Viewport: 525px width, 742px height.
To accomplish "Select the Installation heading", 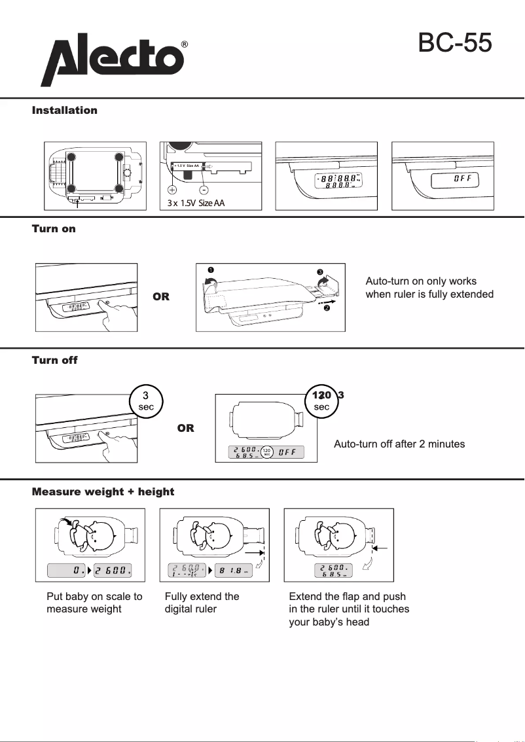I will (65, 111).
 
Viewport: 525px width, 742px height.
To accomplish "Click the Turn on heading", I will (54, 228).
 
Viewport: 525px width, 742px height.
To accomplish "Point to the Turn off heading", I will (55, 360).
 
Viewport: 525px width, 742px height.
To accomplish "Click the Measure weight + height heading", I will (103, 491).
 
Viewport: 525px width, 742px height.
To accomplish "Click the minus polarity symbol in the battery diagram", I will (204, 189).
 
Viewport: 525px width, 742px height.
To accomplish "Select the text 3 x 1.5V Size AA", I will (196, 203).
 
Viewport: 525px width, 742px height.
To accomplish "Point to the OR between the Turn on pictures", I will (161, 296).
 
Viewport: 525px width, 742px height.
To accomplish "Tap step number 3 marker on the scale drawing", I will (320, 272).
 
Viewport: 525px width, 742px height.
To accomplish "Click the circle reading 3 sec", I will (146, 400).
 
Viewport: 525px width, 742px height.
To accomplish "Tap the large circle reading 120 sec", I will (321, 400).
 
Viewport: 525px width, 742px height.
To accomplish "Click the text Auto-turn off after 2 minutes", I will (399, 444).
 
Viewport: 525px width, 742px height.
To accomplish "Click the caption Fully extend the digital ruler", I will (202, 603).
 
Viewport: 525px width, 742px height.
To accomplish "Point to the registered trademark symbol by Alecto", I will (185, 44).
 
